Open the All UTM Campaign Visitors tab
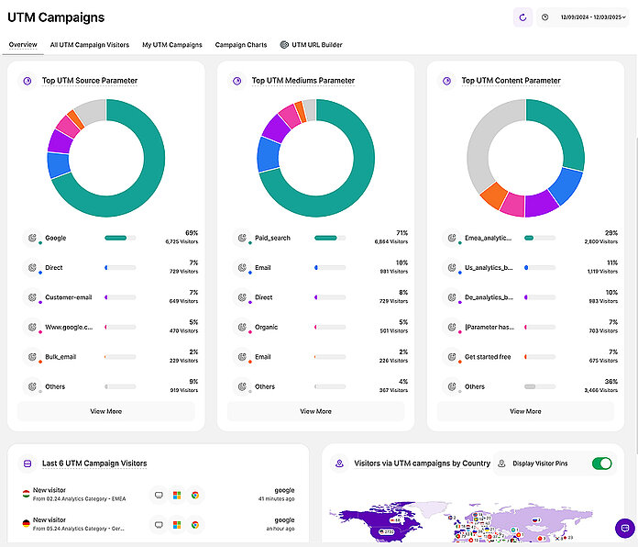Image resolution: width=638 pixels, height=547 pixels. (89, 44)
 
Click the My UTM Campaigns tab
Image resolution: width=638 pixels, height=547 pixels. (171, 44)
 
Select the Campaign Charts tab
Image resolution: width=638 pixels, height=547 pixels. (241, 44)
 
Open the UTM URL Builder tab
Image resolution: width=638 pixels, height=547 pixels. (311, 44)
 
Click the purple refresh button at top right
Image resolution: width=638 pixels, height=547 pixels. (522, 17)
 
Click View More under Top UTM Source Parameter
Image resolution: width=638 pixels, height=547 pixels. (105, 411)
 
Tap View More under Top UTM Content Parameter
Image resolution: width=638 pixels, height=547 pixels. (525, 411)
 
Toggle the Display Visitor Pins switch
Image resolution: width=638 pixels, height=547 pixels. (601, 463)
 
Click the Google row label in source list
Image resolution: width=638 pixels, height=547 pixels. (56, 238)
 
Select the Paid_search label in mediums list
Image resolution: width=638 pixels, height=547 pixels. (272, 238)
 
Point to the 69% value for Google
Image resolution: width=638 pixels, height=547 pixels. (191, 233)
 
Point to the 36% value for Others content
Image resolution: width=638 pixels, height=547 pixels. (610, 382)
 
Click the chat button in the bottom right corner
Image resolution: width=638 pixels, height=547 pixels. (624, 529)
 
